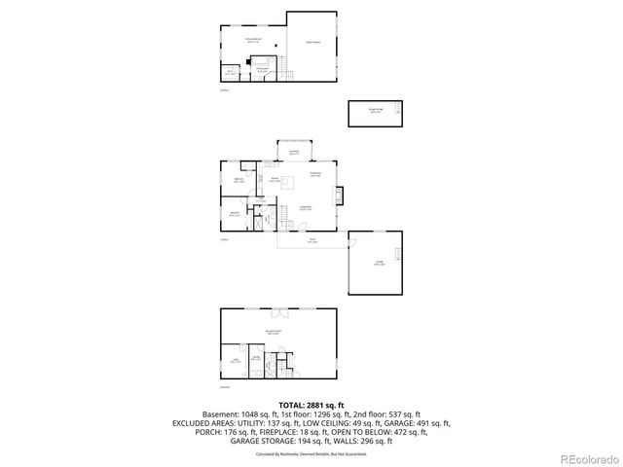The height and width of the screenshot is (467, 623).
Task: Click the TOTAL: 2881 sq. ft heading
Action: pos(311,404)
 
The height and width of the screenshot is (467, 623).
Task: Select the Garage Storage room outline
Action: pos(375,113)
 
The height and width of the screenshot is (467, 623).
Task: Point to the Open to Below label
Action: pos(313,42)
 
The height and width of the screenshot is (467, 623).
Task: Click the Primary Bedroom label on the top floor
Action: pos(253,41)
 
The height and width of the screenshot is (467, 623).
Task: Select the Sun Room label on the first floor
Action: pos(293,152)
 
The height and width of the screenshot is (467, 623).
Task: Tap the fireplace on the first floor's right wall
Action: pos(337,198)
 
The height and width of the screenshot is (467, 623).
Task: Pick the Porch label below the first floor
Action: pos(312,240)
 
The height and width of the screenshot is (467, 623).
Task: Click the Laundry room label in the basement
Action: pos(256,358)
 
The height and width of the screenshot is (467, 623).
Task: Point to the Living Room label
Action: pos(305,207)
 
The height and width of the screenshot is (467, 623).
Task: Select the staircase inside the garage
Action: pos(396,254)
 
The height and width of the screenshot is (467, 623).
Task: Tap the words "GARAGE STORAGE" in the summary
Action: pos(260,442)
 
